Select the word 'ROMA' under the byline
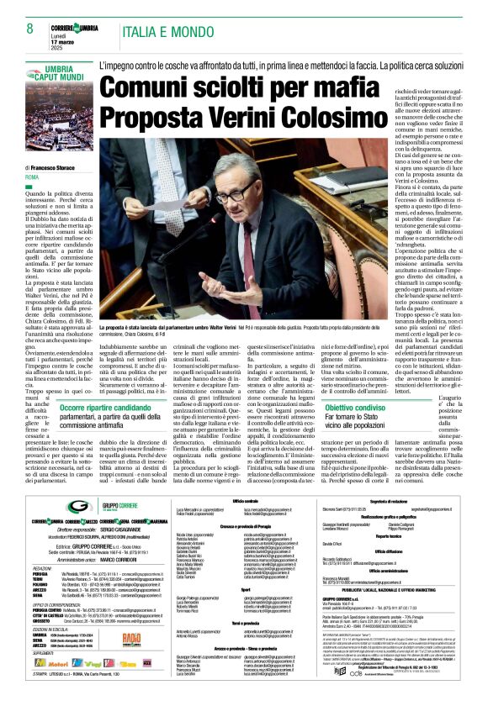pos(32,178)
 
